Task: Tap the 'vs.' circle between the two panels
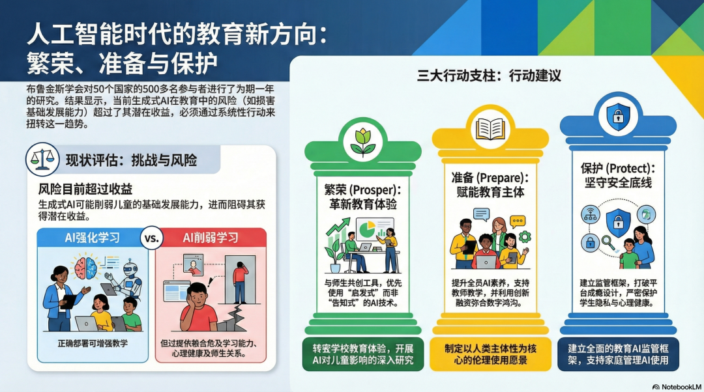(x=151, y=238)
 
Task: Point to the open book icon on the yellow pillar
(x=490, y=128)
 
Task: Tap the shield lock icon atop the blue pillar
(x=615, y=117)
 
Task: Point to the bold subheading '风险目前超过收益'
(x=85, y=189)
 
